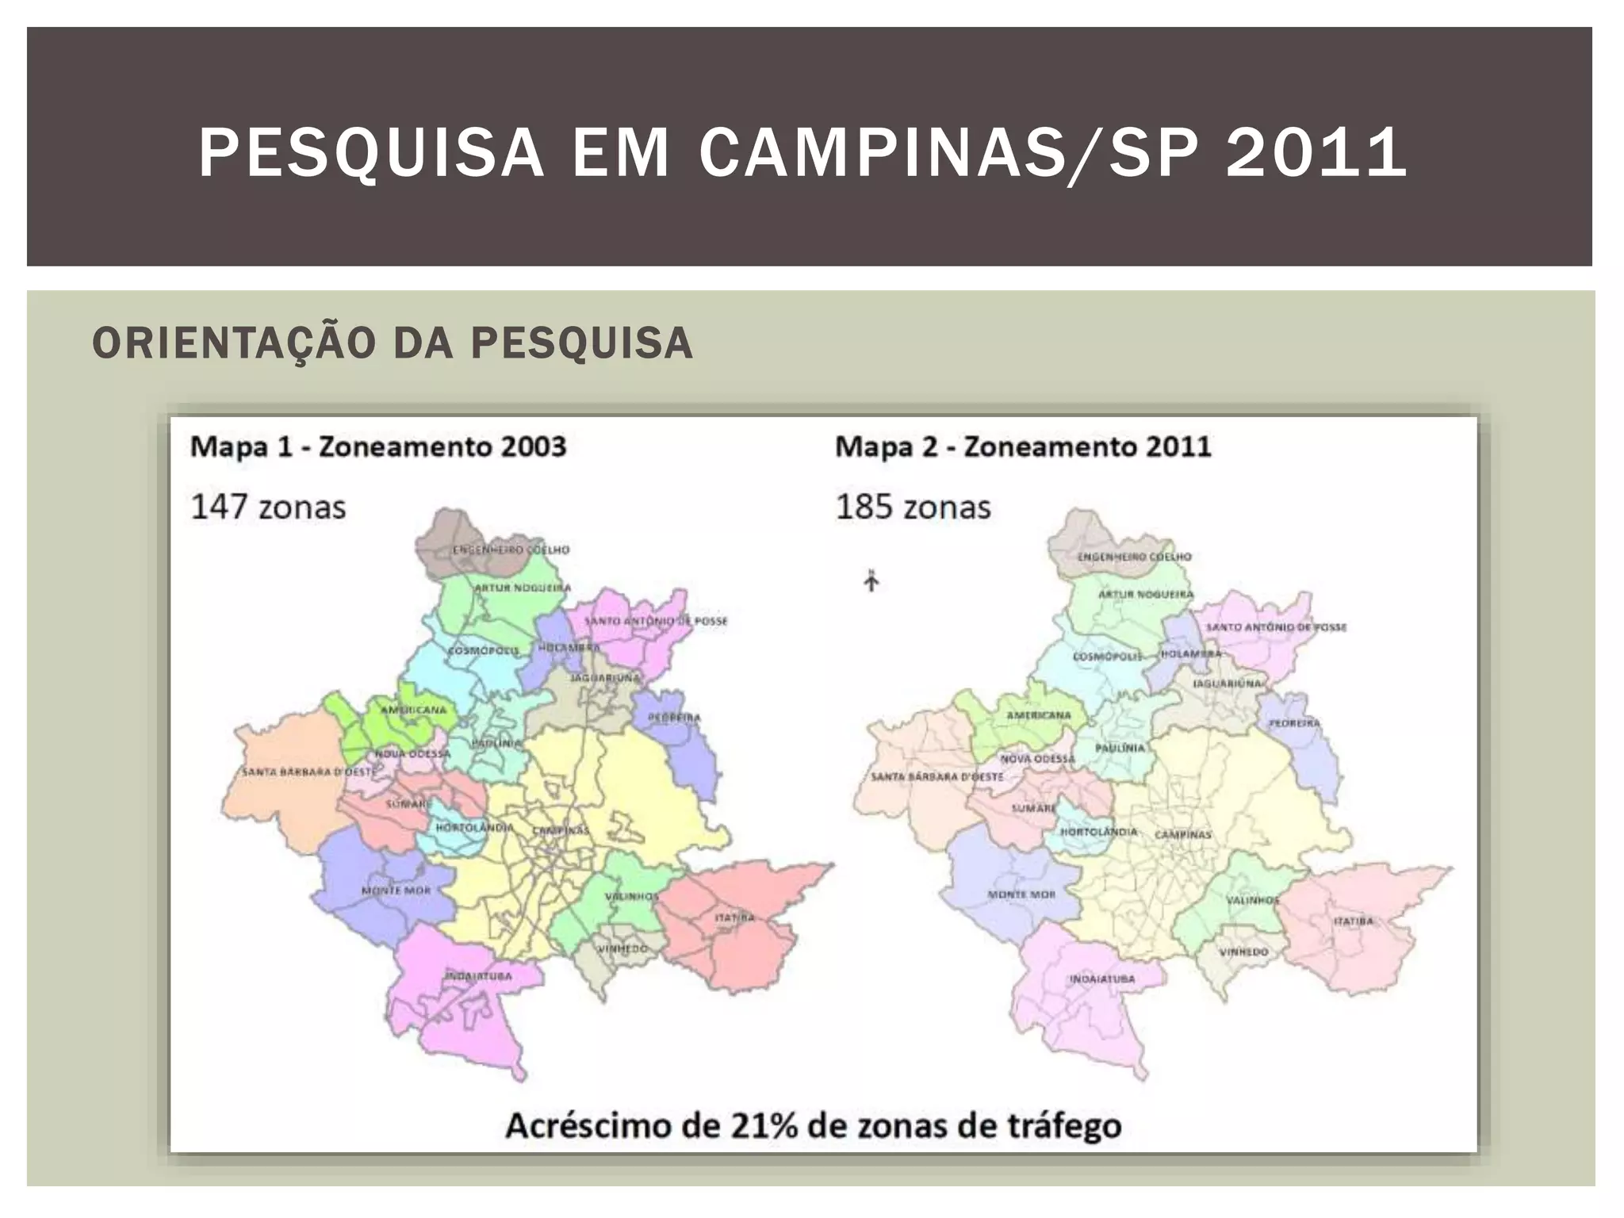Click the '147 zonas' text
pos(268,507)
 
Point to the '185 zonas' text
pos(913,507)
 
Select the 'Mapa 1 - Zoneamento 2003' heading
pos(378,447)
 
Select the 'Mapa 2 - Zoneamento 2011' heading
pos(1023,447)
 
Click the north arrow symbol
pos(871,581)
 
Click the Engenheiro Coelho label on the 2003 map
pos(511,550)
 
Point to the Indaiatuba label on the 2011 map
pos(1102,979)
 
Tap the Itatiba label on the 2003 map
pos(734,917)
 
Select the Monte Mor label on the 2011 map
pos(1021,894)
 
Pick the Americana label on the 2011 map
pos(1039,715)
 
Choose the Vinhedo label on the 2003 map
pos(622,948)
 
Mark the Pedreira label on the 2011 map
pos(1294,723)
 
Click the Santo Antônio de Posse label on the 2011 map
pos(1276,627)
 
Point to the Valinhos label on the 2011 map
pos(1253,901)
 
